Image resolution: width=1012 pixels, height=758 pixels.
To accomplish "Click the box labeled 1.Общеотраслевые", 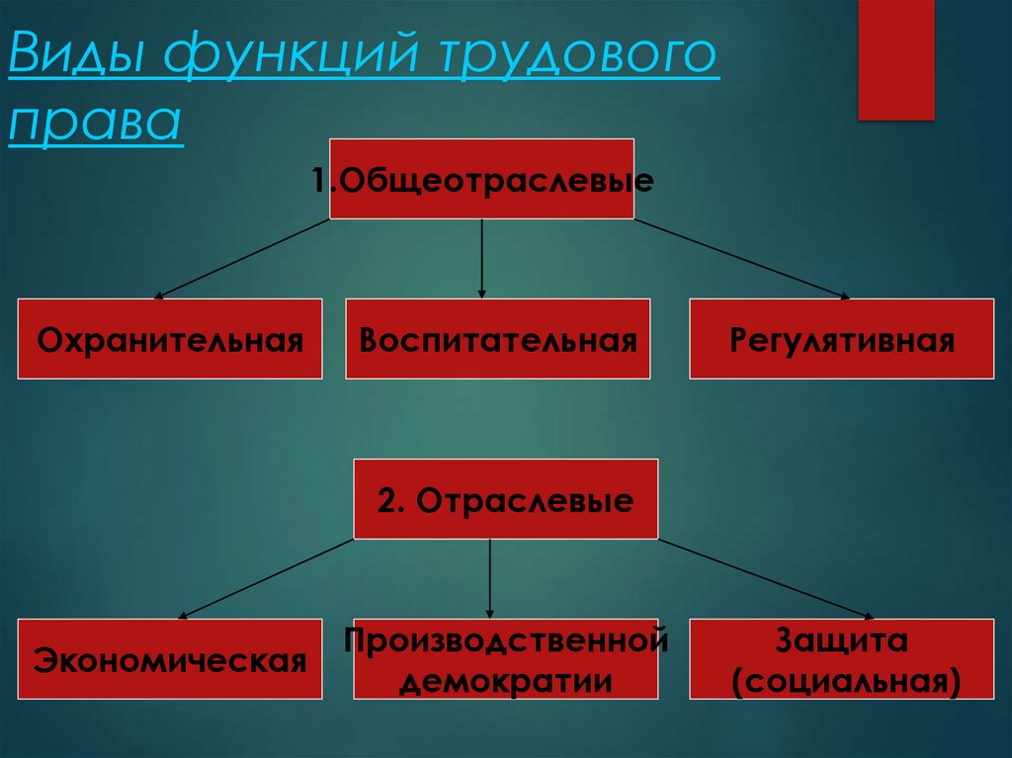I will click(x=481, y=179).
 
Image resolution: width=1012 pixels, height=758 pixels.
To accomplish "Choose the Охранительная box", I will click(x=169, y=339).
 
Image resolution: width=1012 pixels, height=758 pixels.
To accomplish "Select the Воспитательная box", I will click(x=497, y=339).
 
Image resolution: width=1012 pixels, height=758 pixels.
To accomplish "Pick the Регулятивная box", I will click(x=842, y=339).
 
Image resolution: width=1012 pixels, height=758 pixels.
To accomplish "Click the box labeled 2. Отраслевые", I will click(x=505, y=499).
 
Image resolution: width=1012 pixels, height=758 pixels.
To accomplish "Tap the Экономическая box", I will click(x=169, y=659).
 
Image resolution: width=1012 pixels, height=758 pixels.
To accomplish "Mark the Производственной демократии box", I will click(x=505, y=659).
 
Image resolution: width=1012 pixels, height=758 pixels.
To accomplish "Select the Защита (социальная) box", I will click(x=842, y=659).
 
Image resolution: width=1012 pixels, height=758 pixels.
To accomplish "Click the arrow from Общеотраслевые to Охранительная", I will click(x=242, y=258).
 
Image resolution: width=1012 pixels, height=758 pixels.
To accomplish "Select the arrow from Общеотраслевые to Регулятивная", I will click(x=741, y=258).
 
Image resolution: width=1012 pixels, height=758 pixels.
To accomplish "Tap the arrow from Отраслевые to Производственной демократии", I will click(x=491, y=578).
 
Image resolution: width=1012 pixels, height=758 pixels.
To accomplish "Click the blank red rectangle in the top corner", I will click(x=895, y=59).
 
